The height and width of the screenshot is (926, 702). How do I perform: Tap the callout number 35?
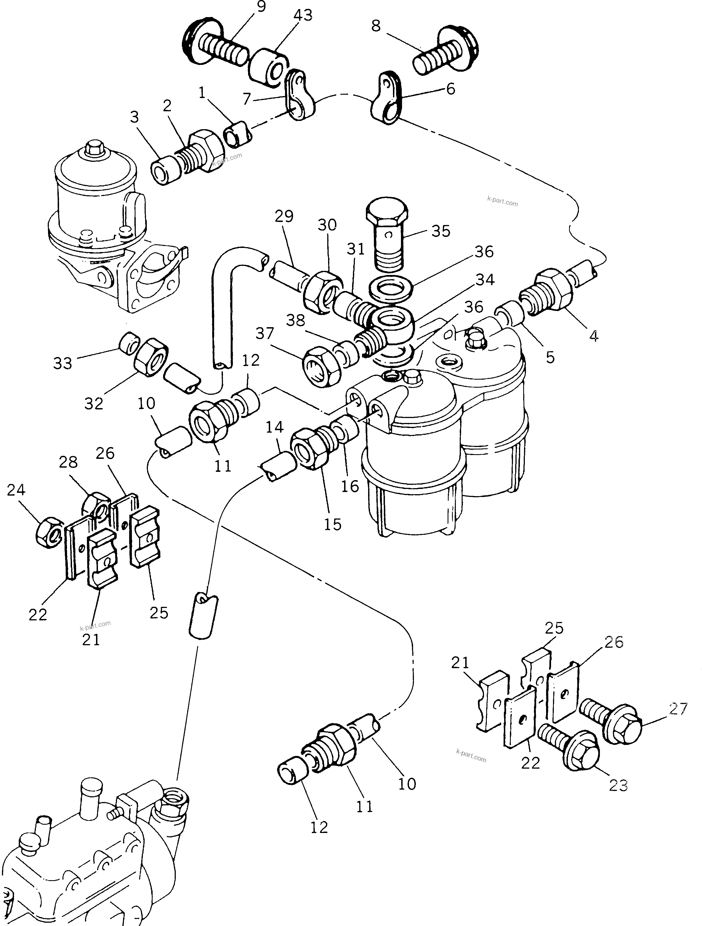440,231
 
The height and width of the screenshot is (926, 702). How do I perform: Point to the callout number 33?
63,363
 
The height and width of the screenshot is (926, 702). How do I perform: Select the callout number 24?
16,490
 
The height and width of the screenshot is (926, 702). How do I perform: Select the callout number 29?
284,216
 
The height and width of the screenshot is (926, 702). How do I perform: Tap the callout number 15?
333,524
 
